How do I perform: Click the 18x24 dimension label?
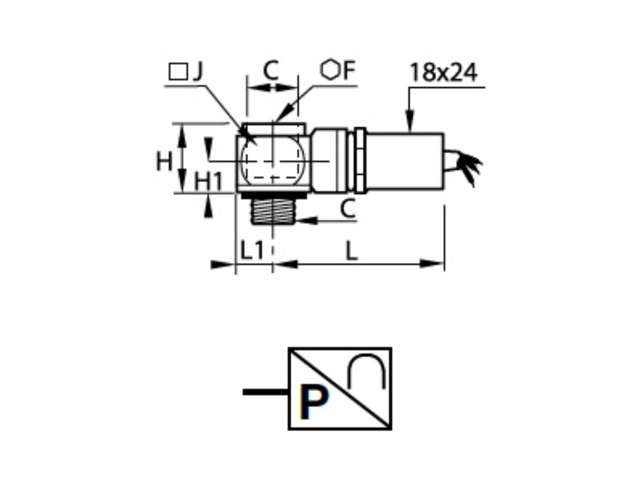pos(443,73)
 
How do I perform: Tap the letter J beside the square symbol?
pos(197,72)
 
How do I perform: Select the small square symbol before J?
pos(178,72)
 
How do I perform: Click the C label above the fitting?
pos(271,70)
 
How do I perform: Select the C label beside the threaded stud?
pos(349,209)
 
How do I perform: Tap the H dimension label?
pos(165,161)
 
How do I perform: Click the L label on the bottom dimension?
pos(352,251)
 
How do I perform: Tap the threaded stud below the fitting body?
pos(273,210)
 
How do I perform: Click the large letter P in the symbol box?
pos(314,404)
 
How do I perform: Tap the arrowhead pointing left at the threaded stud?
pos(303,220)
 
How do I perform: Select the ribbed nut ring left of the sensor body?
pos(360,161)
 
